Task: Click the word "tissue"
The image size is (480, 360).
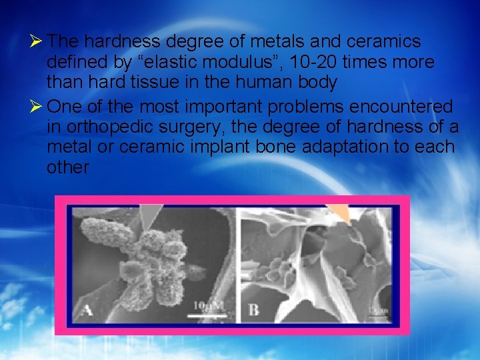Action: coord(150,83)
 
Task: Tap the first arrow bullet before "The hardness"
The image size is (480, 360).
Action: coord(39,41)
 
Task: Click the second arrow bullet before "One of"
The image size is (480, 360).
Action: coord(39,106)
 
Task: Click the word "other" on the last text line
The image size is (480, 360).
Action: coord(67,167)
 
